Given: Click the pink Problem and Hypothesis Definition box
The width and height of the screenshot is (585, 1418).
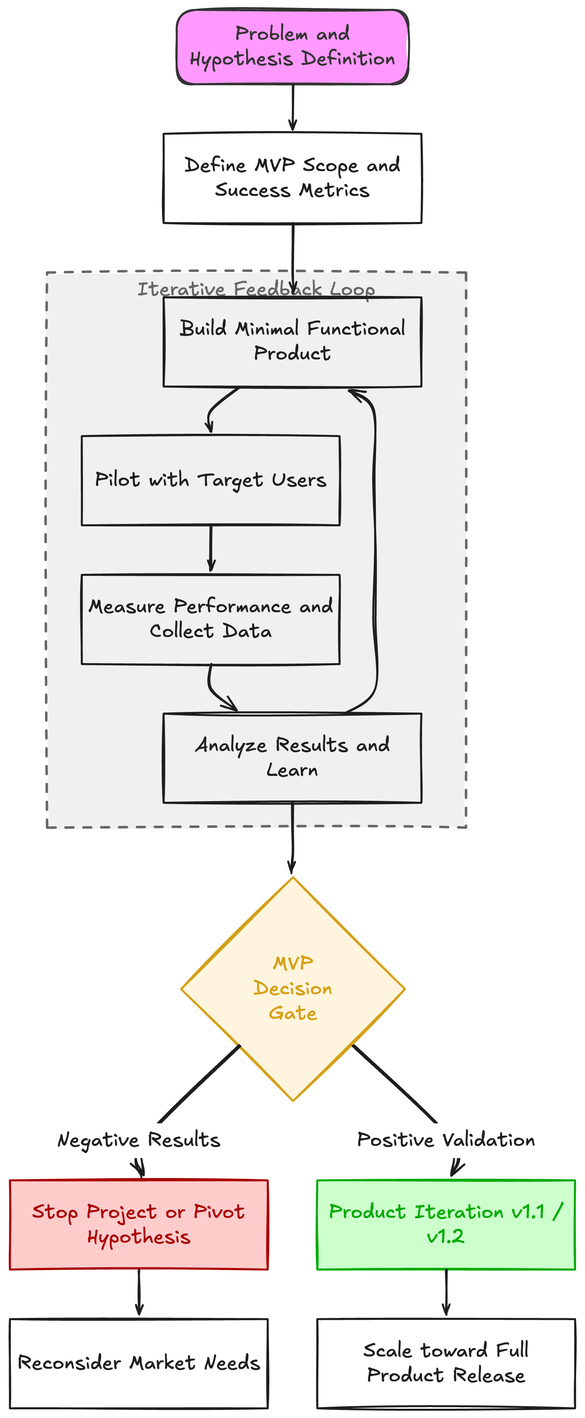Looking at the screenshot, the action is pyautogui.click(x=292, y=47).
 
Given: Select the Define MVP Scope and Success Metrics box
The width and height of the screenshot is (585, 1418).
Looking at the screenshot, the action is pyautogui.click(x=292, y=178).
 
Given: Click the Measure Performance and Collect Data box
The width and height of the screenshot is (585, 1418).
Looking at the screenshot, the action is pyautogui.click(x=211, y=619).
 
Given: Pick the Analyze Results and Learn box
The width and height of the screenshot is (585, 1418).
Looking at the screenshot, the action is pyautogui.click(x=292, y=758).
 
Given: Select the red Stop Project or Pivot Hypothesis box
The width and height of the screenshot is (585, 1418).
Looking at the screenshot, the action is pyautogui.click(x=139, y=1225).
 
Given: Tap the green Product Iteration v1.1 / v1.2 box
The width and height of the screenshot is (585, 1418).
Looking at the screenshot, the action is pyautogui.click(x=446, y=1225).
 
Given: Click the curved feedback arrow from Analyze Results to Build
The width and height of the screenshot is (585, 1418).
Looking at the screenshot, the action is pyautogui.click(x=375, y=550).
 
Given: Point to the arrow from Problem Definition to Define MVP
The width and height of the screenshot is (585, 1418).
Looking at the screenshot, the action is pyautogui.click(x=292, y=108).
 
